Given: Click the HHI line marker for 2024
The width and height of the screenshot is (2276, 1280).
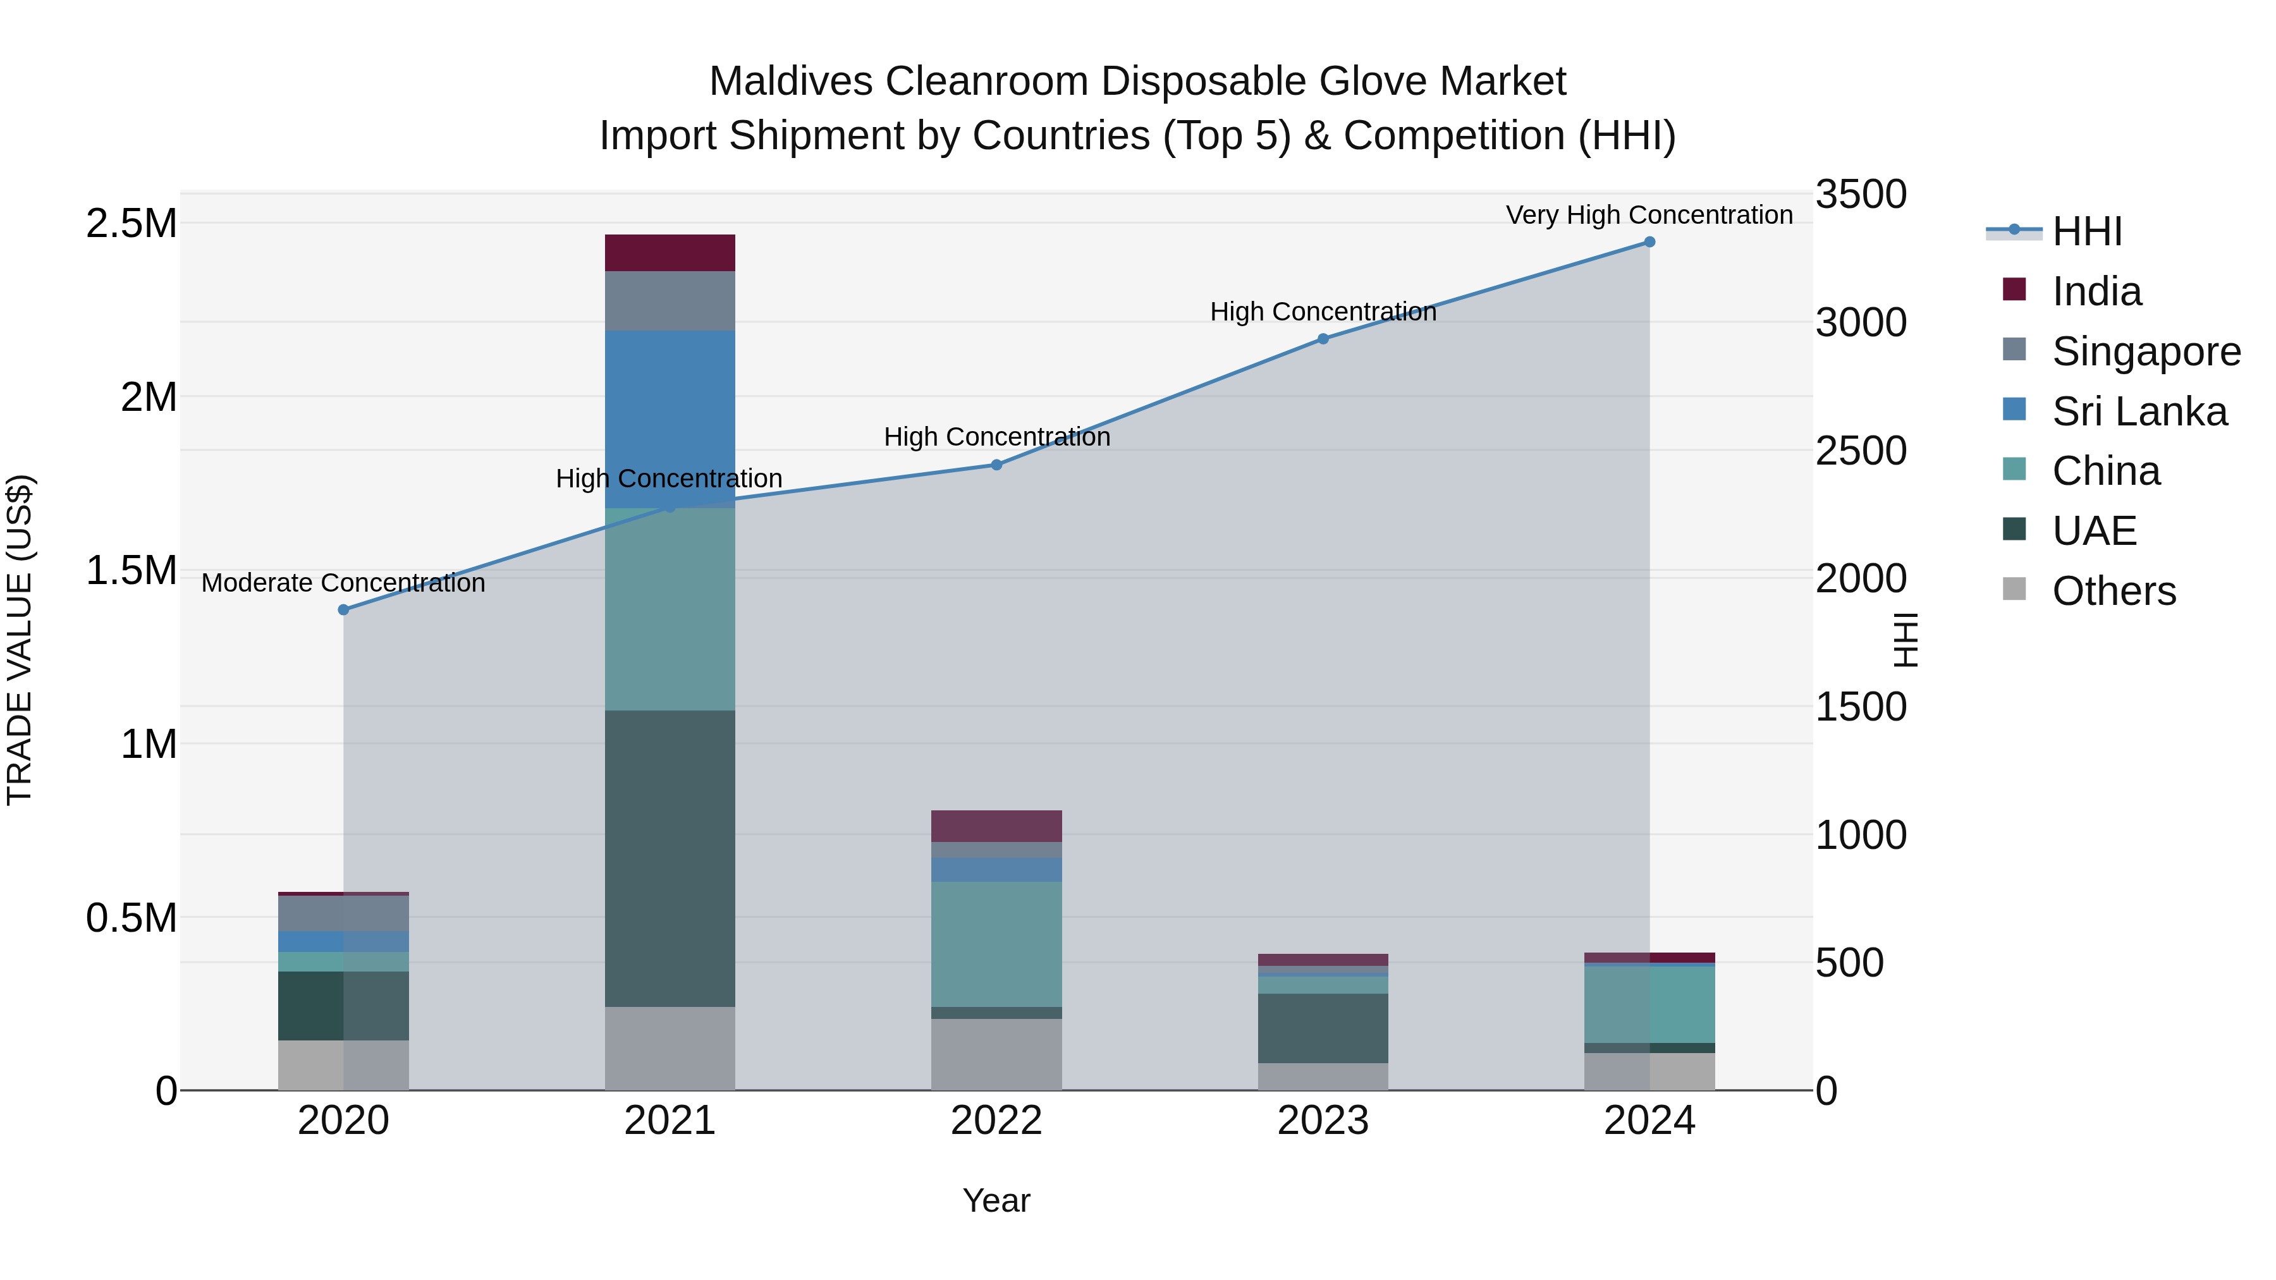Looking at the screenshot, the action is point(1649,242).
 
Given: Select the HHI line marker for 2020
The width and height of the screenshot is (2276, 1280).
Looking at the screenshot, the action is point(344,609).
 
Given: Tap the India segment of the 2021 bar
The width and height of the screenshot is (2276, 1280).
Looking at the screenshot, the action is point(670,253).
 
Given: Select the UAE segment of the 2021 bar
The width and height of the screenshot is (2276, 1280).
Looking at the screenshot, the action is point(670,858).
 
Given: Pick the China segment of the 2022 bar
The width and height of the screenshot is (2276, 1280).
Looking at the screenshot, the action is point(996,944).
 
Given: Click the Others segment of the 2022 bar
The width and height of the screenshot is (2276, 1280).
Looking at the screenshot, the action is point(996,1054).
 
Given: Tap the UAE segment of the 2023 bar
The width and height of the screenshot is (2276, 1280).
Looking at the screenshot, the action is point(1323,1027).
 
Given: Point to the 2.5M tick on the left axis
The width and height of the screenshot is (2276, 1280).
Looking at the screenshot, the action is point(131,224).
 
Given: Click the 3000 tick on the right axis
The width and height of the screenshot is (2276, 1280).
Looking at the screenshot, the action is point(1861,322).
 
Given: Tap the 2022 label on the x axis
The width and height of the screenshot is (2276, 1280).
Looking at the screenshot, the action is point(996,1121).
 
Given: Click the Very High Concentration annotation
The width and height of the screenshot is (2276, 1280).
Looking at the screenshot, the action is point(1649,215).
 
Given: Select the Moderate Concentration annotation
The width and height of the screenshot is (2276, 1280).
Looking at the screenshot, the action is point(344,583).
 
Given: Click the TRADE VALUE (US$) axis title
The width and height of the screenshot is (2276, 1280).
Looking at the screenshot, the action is point(20,640).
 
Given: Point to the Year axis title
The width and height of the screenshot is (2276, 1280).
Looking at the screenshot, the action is point(996,1200).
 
